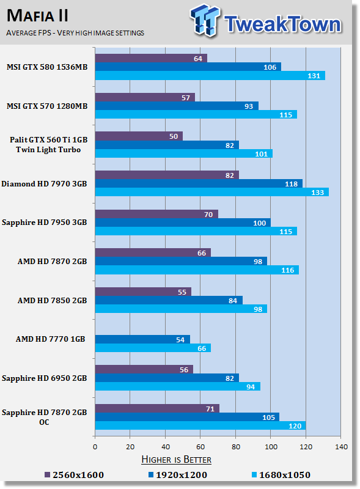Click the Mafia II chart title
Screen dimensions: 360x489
tap(37, 16)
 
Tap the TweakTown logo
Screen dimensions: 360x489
tap(266, 21)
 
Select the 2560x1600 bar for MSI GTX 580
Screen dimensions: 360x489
tap(151, 58)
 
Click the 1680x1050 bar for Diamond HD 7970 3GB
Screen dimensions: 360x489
tap(212, 192)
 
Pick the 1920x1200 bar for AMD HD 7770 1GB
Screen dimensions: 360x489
tap(142, 339)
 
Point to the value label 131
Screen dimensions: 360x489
tap(314, 76)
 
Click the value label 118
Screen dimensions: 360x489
tap(292, 184)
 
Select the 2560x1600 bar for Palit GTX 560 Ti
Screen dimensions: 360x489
tap(139, 136)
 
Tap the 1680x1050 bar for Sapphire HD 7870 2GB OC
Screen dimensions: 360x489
tap(200, 425)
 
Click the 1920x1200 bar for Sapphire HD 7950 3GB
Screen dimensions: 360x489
tap(183, 222)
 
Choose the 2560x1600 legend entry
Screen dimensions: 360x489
tap(74, 475)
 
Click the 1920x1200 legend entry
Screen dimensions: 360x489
tap(177, 475)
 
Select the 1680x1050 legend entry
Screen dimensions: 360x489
tap(281, 475)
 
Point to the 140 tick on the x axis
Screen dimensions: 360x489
tap(341, 447)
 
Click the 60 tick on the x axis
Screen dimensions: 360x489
tap(200, 447)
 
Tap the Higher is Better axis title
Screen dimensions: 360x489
tap(176, 460)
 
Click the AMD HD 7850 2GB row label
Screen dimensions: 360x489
tap(52, 300)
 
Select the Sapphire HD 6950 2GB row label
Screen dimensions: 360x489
tap(44, 378)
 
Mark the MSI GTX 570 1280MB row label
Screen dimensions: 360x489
tap(47, 106)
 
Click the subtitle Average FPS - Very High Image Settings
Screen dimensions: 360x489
tap(75, 33)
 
